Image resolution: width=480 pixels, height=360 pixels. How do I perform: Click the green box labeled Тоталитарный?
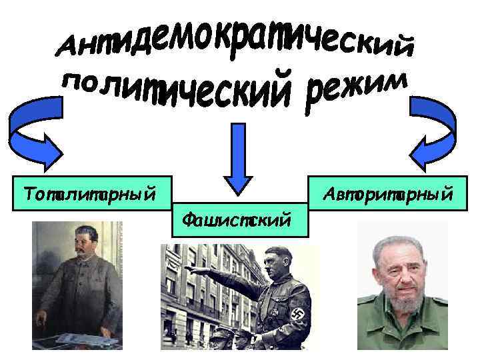[91, 194]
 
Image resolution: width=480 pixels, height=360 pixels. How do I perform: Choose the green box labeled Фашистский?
[239, 217]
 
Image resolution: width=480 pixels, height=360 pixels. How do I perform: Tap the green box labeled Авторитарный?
[388, 194]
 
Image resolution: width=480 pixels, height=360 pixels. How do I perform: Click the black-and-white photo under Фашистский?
[239, 297]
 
